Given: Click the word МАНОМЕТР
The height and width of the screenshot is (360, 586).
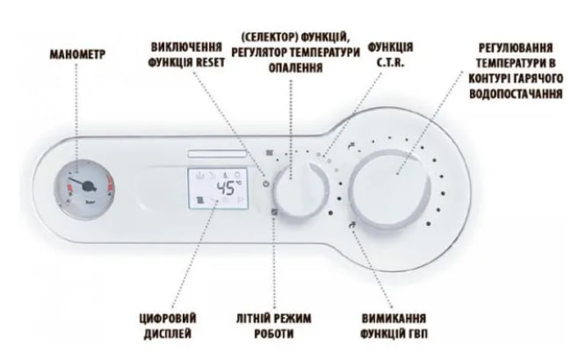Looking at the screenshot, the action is [77, 54].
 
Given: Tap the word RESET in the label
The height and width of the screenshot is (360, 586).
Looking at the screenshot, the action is [210, 62].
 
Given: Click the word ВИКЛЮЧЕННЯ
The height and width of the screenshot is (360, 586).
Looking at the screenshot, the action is [186, 47].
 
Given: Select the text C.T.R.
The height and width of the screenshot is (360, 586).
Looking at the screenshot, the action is [391, 62].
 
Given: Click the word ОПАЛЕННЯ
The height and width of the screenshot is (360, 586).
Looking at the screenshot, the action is [295, 68].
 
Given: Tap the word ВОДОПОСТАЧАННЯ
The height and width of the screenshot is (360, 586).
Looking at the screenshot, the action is [516, 93].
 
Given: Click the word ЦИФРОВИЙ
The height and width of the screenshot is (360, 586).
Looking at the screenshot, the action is [168, 319].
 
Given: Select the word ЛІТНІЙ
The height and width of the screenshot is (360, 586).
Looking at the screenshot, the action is [251, 319].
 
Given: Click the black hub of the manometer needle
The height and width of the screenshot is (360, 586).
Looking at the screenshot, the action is [89, 186].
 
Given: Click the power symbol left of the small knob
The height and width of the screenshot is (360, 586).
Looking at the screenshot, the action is [265, 184].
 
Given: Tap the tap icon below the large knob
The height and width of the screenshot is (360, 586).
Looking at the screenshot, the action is [352, 225].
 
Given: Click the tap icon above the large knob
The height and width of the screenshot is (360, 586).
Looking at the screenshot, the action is [351, 146].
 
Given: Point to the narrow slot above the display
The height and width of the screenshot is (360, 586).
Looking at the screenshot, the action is [217, 154].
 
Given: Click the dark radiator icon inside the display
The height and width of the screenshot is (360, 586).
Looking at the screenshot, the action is [200, 200].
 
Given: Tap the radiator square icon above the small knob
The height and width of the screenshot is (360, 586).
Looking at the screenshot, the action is [269, 153].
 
